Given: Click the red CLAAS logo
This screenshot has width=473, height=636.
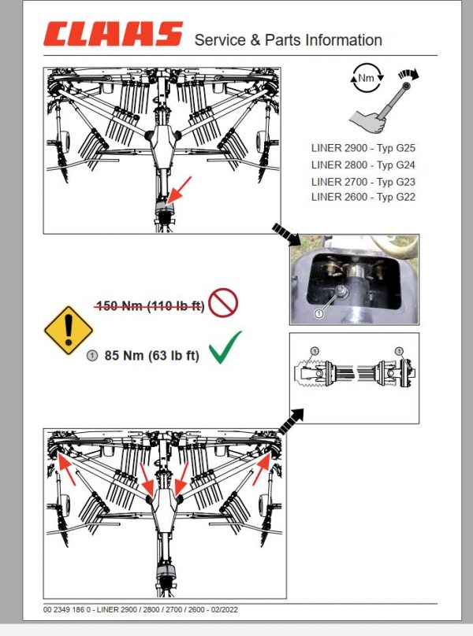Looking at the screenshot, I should point(113,35).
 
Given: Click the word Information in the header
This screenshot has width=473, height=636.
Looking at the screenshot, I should point(344,40).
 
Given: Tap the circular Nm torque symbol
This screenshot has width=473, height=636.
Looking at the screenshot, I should point(366,78).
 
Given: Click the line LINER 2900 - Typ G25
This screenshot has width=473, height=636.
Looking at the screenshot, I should point(363,146).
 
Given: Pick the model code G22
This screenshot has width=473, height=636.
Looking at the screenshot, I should point(402,198).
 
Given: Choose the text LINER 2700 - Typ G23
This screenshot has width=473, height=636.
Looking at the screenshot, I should point(363,181).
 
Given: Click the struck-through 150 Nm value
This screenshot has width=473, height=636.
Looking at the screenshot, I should point(150,305).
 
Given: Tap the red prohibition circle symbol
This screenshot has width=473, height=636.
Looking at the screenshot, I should point(225,304).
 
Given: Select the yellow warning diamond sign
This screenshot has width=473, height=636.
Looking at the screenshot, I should point(69,330).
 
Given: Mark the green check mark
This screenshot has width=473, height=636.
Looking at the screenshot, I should point(225,347).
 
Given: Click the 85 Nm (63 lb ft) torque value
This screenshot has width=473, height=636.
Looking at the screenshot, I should point(151,356).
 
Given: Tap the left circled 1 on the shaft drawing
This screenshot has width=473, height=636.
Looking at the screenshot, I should point(314,349).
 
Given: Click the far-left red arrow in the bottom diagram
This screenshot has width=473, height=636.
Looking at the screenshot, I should point(68,472).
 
